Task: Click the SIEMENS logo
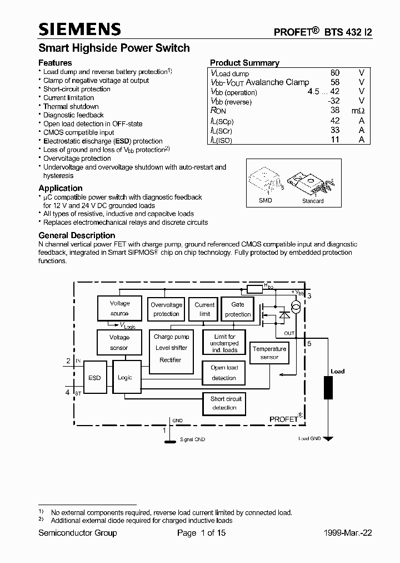pyautogui.click(x=79, y=29)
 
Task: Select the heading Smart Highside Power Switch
pyautogui.click(x=114, y=48)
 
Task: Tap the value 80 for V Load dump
pyautogui.click(x=335, y=73)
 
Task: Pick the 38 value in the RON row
pyautogui.click(x=335, y=111)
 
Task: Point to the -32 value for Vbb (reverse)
pyautogui.click(x=333, y=101)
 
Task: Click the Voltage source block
pyautogui.click(x=119, y=308)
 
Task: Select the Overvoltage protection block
pyautogui.click(x=166, y=309)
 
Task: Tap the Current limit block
pyautogui.click(x=204, y=309)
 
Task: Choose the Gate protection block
pyautogui.click(x=238, y=309)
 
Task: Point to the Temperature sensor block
pyautogui.click(x=269, y=353)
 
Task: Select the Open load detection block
pyautogui.click(x=224, y=373)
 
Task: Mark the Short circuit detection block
pyautogui.click(x=224, y=403)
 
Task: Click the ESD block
pyautogui.click(x=94, y=378)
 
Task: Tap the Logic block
pyautogui.click(x=125, y=378)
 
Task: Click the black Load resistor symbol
pyautogui.click(x=329, y=387)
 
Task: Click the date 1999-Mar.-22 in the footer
pyautogui.click(x=348, y=533)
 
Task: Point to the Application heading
pyautogui.click(x=61, y=188)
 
